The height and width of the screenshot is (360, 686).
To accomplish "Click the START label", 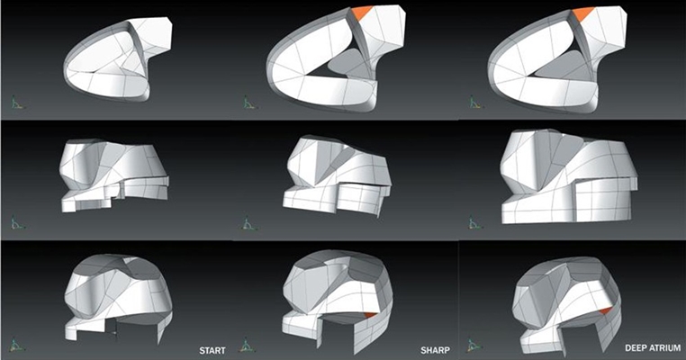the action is coord(212,350).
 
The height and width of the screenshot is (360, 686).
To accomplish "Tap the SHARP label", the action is coord(435,350).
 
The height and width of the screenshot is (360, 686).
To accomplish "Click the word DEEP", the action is coord(636,348).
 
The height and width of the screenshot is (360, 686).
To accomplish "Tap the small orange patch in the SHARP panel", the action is coord(370,314).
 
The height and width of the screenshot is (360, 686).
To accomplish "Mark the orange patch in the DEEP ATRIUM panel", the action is coord(606,310).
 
